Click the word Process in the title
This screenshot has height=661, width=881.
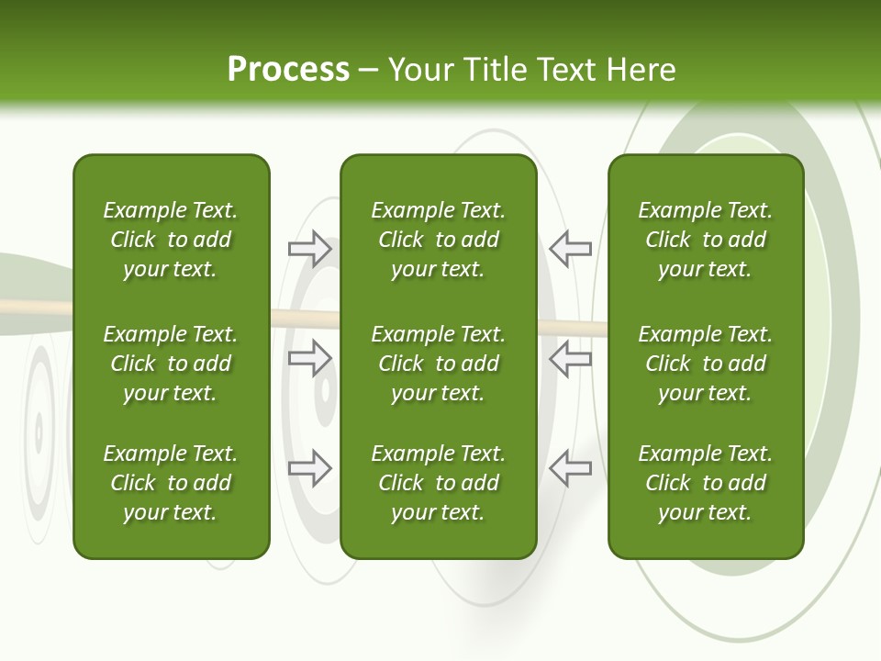[x=288, y=70]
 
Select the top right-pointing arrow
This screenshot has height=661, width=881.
[x=310, y=249]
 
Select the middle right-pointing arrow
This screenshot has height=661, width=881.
[x=310, y=358]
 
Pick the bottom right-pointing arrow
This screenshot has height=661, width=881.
[x=310, y=468]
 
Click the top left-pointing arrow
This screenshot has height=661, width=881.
[x=570, y=249]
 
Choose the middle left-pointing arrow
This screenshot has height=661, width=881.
[x=570, y=358]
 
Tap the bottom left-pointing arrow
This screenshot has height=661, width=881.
[x=570, y=468]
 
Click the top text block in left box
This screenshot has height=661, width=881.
[x=171, y=240]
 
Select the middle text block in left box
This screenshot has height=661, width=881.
[x=171, y=364]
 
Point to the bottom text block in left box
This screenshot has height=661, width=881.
[x=171, y=483]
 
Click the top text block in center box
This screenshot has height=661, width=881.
[x=438, y=240]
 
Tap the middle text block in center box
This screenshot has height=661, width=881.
[x=438, y=364]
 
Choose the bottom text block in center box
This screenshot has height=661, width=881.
[x=438, y=483]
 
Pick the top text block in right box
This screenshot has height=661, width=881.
[x=706, y=240]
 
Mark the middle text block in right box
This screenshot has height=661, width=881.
[x=706, y=364]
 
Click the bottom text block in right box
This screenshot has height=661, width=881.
[x=706, y=483]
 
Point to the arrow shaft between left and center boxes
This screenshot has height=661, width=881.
[x=305, y=319]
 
